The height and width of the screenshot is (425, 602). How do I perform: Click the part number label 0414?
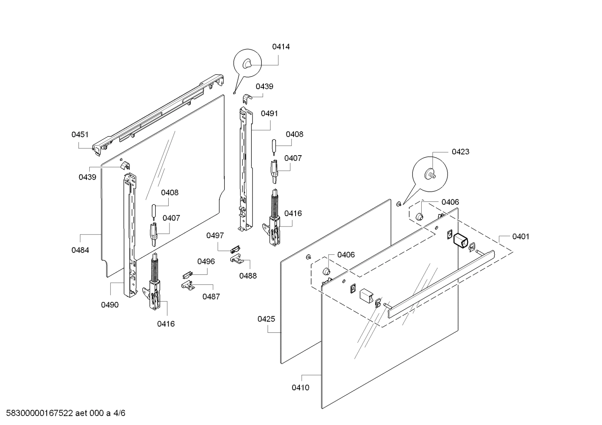281,47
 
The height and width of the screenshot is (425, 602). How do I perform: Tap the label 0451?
80,135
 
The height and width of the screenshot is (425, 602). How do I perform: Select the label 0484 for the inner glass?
80,250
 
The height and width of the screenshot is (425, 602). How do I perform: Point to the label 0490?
110,305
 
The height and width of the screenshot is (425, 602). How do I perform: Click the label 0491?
269,113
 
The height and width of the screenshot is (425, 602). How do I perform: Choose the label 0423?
460,152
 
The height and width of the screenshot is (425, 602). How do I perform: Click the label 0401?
521,236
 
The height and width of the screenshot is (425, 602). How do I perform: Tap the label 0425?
266,319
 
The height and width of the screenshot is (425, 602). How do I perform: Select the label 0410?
301,387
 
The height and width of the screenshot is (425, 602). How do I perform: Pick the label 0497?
215,236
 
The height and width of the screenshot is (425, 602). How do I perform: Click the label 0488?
248,276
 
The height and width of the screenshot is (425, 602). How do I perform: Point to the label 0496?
206,262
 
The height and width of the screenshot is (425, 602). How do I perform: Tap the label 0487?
211,297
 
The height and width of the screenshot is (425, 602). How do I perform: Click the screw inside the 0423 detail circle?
430,174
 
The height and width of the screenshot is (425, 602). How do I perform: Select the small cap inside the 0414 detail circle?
247,64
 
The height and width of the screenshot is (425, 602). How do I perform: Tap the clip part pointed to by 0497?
235,249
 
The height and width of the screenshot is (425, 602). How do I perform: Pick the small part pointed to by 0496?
187,275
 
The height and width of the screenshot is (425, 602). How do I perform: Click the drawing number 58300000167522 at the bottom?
40,413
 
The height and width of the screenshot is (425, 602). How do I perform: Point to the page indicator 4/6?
119,413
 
